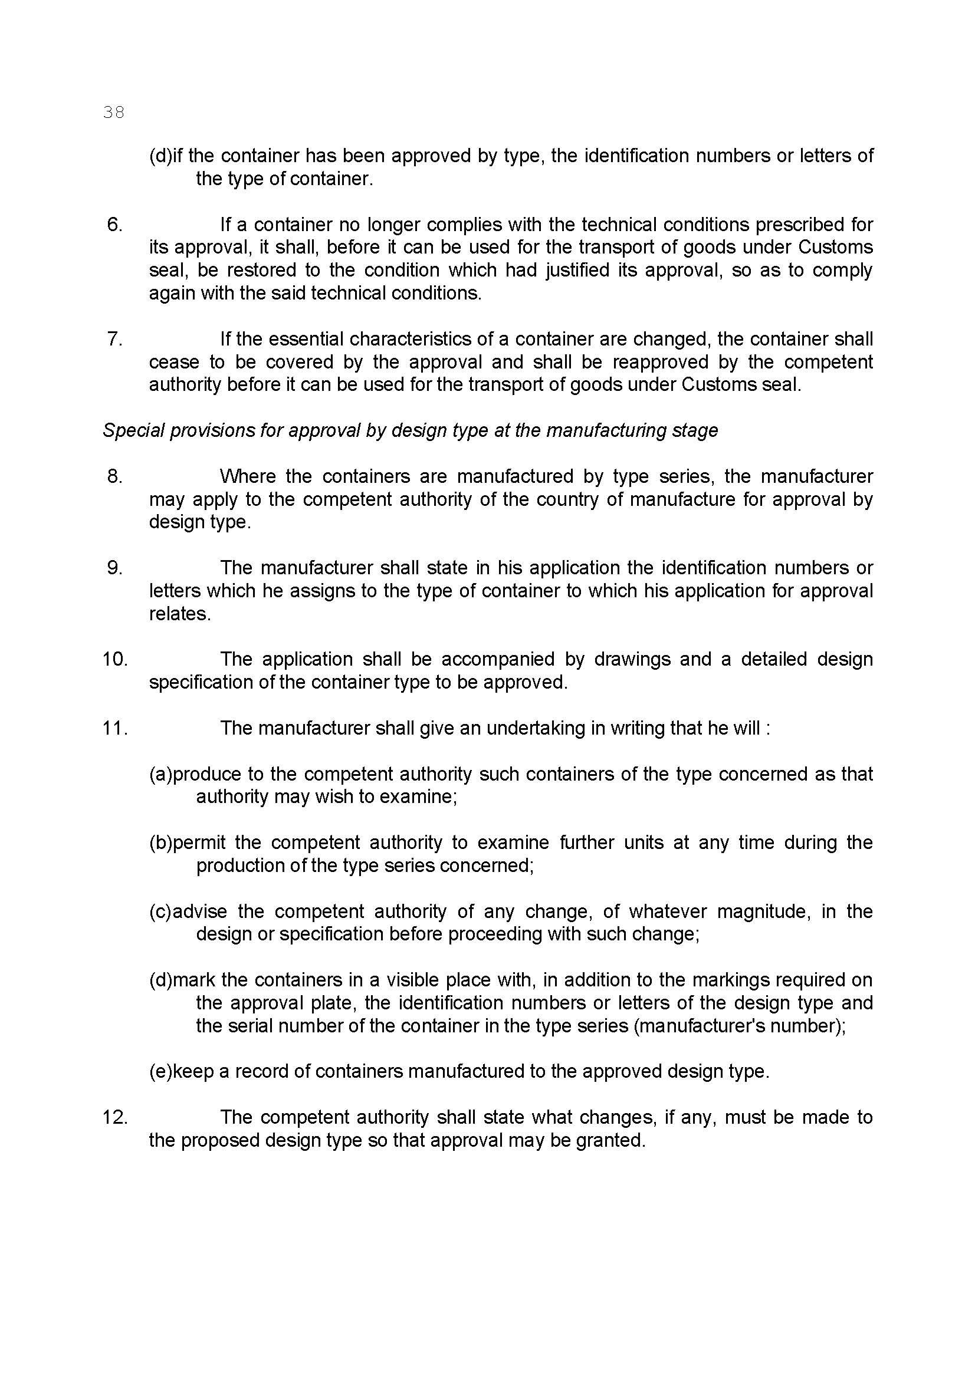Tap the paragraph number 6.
(114, 225)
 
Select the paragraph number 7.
(114, 340)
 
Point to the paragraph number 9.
(114, 568)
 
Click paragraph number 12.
(115, 1117)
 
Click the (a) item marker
(160, 774)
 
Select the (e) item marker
(160, 1071)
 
